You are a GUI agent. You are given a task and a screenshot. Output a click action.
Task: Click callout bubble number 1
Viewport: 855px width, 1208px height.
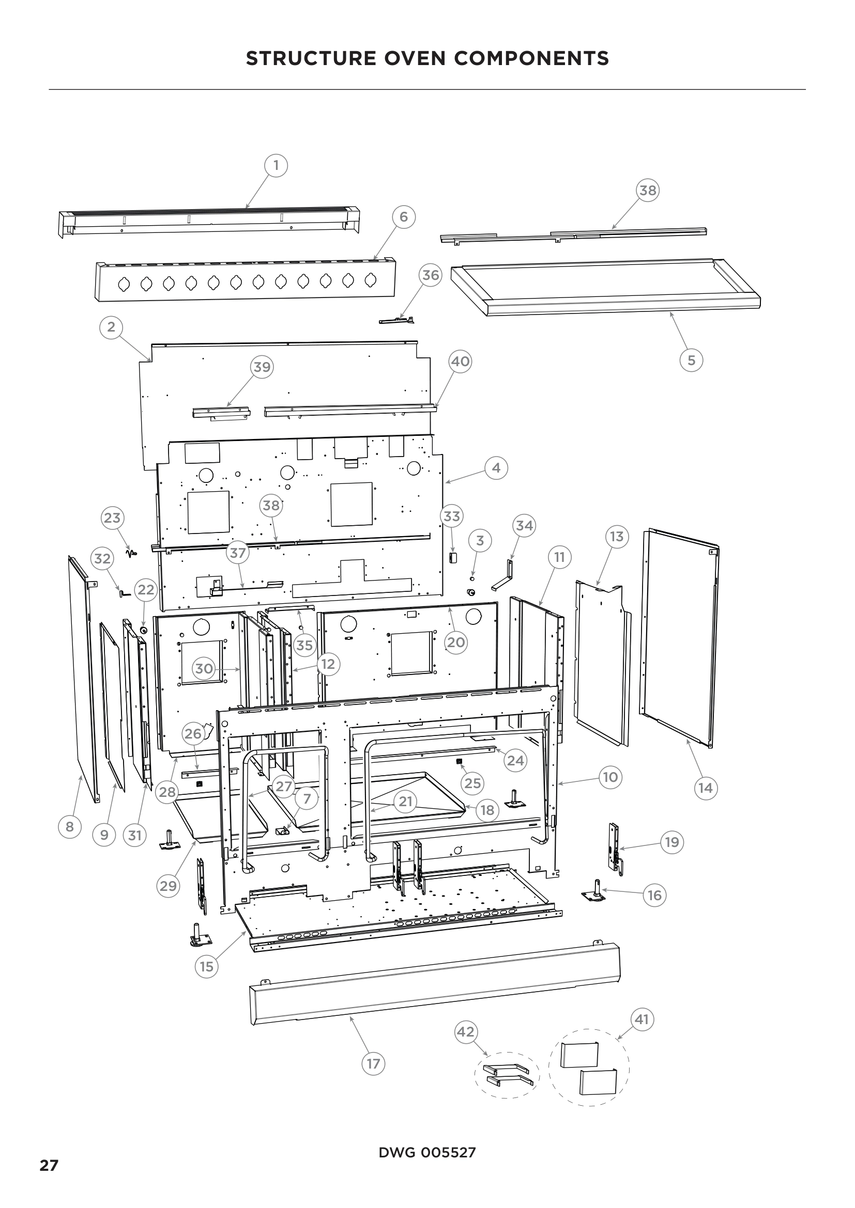276,166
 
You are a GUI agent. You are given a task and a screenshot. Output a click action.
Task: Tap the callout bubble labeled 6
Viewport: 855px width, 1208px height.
404,217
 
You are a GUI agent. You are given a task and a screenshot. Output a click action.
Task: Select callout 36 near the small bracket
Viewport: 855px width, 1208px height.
431,275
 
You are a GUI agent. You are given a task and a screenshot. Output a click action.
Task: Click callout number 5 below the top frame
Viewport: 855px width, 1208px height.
691,360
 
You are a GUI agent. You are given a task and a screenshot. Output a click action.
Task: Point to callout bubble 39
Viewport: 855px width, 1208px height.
262,367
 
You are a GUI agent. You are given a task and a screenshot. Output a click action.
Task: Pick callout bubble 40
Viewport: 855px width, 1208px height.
461,362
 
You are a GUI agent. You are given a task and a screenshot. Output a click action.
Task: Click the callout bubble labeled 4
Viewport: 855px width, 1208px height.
496,468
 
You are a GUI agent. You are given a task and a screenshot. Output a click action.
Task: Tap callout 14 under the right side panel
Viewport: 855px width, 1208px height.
706,788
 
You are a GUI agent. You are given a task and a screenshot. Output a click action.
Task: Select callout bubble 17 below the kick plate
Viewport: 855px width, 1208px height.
373,1064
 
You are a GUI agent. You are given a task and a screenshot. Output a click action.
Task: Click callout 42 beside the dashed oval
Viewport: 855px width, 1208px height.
465,1032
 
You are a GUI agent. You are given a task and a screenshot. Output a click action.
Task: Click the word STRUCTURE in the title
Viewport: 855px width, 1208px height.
311,58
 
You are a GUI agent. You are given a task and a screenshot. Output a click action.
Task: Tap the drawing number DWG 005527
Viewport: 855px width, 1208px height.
427,1153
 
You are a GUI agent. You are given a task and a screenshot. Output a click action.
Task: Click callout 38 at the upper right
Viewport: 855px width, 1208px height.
648,190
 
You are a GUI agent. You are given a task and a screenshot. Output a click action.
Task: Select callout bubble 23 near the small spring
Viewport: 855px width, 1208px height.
112,517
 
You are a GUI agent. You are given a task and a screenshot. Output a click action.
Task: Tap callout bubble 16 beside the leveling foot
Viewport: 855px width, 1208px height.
654,895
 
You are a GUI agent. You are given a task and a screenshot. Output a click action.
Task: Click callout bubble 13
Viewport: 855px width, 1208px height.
617,537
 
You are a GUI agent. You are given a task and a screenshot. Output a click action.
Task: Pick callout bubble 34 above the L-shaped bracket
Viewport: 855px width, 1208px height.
524,526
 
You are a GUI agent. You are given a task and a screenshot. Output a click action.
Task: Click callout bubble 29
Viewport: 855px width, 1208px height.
169,886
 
